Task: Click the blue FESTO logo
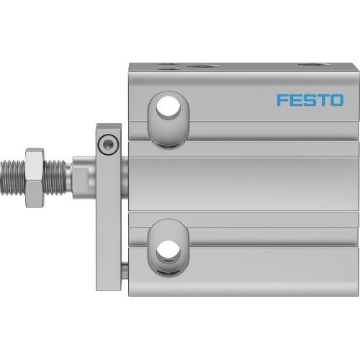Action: click(310, 99)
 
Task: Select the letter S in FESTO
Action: click(308, 99)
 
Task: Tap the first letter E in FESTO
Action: click(296, 99)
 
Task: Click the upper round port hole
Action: click(170, 106)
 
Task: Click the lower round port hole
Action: click(170, 249)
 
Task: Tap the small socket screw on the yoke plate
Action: click(108, 144)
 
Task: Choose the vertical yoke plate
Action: click(108, 209)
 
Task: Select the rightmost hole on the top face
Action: click(311, 66)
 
